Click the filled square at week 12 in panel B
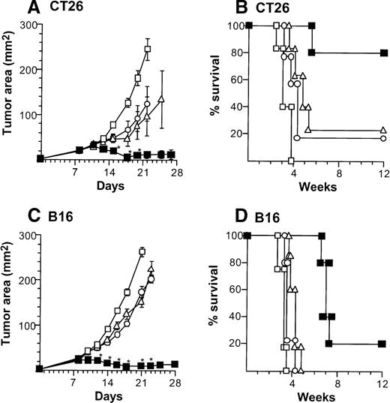point(383,53)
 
